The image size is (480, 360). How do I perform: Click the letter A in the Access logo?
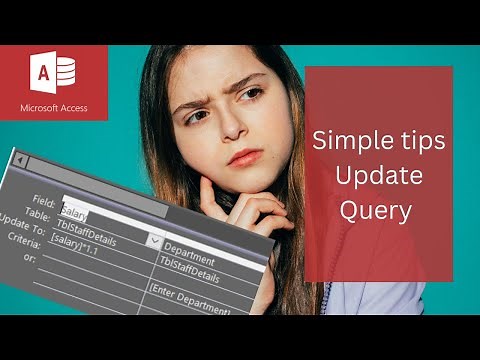pos(43,73)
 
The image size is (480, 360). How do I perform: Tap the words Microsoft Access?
pos(53,107)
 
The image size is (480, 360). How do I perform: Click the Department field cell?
pos(190,258)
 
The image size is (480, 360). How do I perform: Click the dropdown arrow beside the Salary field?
pos(155,240)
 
